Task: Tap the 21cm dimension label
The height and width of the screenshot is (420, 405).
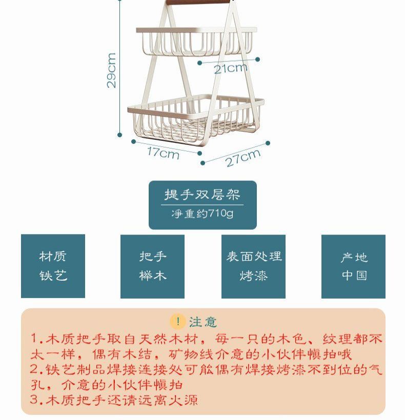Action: click(x=230, y=68)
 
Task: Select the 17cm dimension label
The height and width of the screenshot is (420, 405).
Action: click(x=163, y=152)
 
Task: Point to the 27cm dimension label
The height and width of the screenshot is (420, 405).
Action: click(x=243, y=158)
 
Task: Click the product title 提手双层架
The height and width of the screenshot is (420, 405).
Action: click(x=202, y=195)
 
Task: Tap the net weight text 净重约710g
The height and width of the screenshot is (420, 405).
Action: click(x=202, y=213)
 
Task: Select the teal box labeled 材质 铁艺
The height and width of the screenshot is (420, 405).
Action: click(x=53, y=266)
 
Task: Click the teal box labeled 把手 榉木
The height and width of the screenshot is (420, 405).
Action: click(x=152, y=266)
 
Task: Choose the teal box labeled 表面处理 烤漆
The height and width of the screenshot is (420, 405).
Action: click(x=254, y=266)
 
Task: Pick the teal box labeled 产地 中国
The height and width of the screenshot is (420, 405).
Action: click(x=353, y=266)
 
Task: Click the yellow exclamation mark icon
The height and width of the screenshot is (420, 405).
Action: click(x=177, y=322)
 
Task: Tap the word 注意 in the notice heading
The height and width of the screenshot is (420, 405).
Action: click(x=203, y=322)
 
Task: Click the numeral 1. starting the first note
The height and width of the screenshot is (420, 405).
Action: click(x=35, y=339)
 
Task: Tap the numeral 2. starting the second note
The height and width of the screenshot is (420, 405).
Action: click(x=35, y=370)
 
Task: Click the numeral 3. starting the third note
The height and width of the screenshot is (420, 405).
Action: click(x=35, y=400)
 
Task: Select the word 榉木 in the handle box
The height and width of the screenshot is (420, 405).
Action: click(x=152, y=276)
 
